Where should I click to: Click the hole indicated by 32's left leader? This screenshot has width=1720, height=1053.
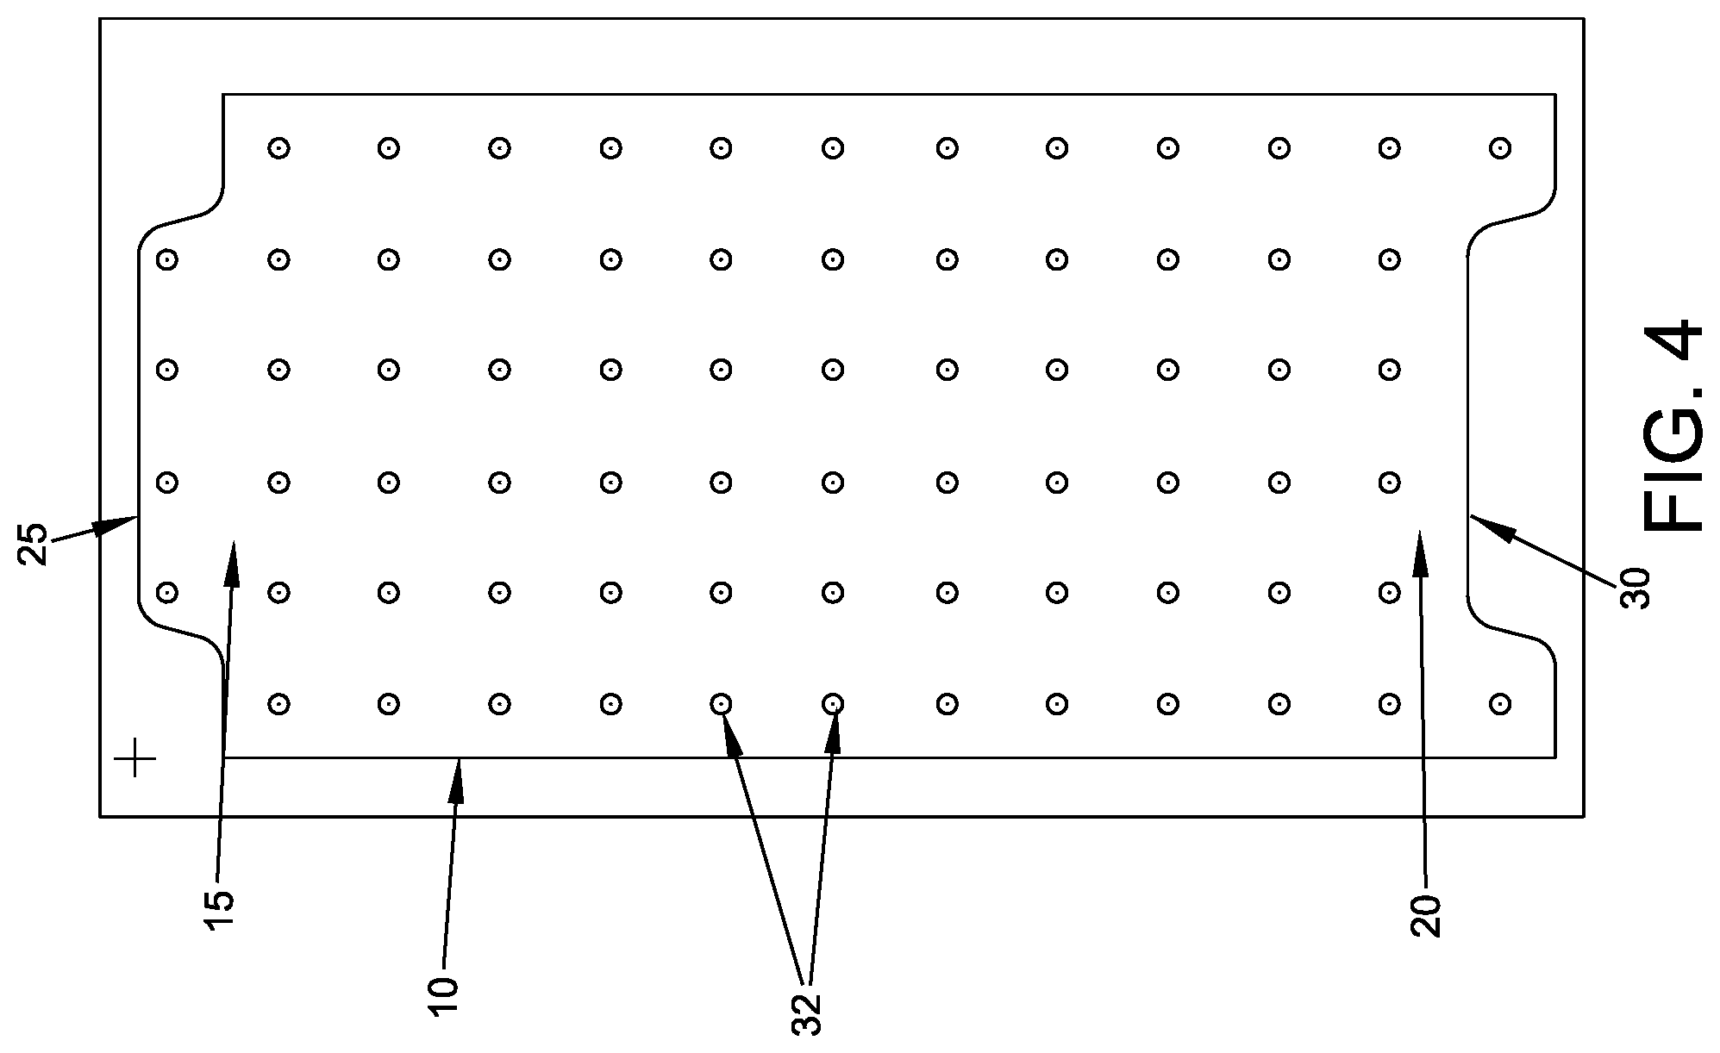point(721,704)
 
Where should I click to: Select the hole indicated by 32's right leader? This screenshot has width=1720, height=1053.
point(832,704)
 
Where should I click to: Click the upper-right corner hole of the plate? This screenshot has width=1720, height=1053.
point(1500,148)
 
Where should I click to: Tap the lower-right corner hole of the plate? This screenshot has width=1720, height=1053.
point(1500,704)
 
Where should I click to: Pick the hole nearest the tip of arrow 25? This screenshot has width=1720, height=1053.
point(167,482)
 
